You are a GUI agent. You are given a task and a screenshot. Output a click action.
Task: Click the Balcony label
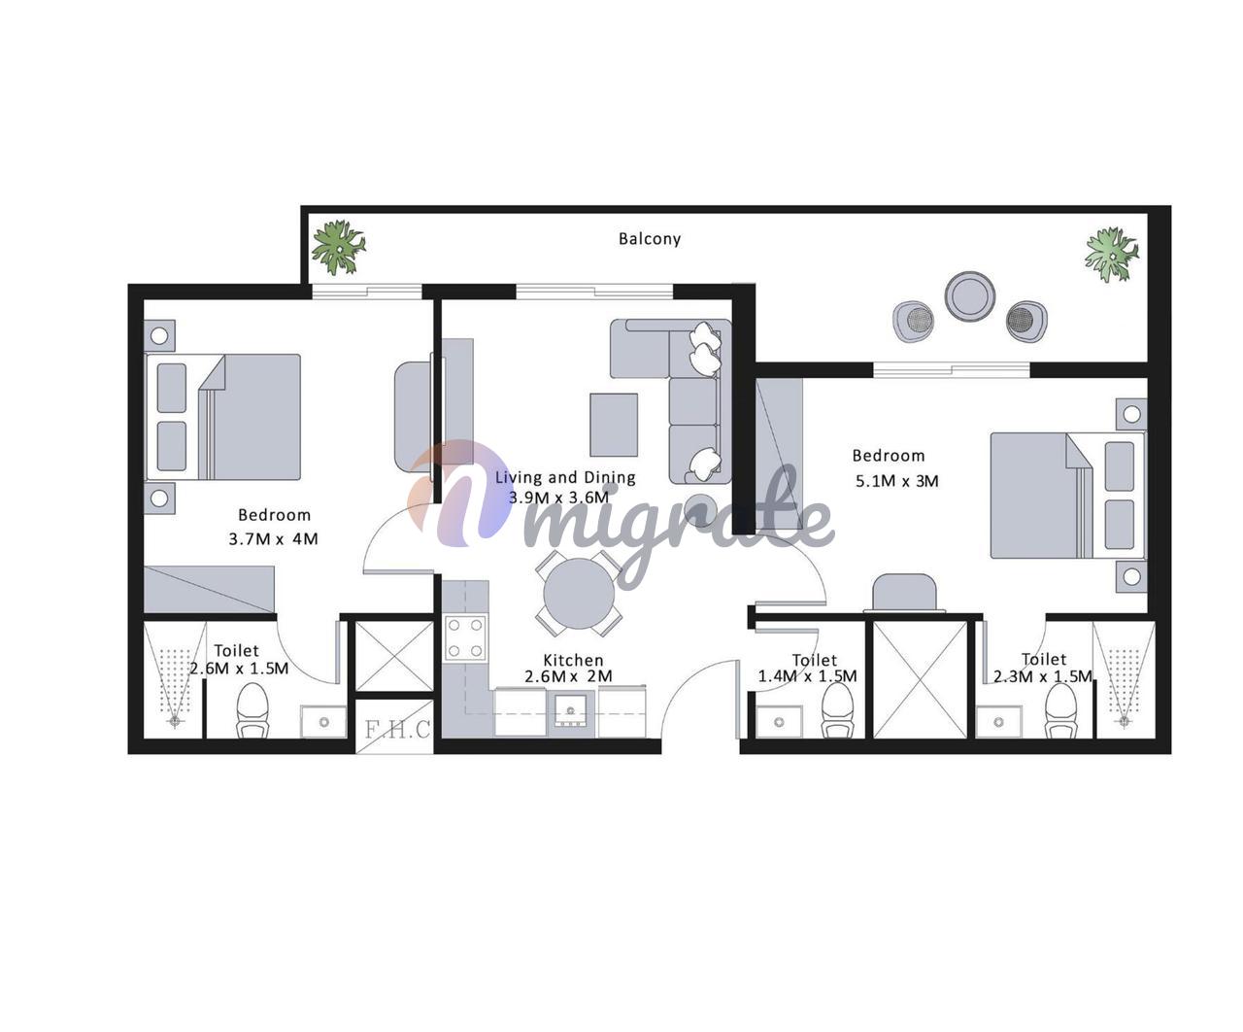click(x=650, y=239)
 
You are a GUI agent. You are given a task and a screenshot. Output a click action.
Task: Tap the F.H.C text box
click(x=397, y=730)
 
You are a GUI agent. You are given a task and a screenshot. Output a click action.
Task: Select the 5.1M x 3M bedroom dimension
click(x=896, y=481)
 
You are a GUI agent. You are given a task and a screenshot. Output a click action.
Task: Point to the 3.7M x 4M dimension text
click(x=273, y=538)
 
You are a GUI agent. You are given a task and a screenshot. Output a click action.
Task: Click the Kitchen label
click(x=573, y=660)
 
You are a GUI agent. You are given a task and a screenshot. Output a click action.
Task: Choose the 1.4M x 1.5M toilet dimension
click(x=807, y=676)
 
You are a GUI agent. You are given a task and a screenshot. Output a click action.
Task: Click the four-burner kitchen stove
click(x=465, y=638)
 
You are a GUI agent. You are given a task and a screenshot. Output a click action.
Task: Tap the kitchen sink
click(x=571, y=709)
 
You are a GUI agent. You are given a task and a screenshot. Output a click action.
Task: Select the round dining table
click(x=579, y=593)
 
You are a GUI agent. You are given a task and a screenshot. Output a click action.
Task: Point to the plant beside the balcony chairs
click(x=1112, y=255)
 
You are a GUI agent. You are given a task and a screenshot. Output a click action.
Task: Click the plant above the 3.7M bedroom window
click(x=339, y=247)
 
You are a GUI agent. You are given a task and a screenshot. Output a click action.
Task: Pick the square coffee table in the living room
click(x=614, y=425)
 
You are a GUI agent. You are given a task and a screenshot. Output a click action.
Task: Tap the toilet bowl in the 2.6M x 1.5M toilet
click(x=252, y=710)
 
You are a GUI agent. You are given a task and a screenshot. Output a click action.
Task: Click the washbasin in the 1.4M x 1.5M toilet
click(x=779, y=722)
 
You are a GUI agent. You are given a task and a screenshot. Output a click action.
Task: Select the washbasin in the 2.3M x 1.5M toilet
click(x=999, y=722)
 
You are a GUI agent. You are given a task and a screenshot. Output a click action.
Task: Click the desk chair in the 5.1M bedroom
click(x=904, y=592)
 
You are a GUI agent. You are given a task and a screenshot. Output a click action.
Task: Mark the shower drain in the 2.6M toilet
click(x=175, y=722)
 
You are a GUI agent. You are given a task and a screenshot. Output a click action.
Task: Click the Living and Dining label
click(x=565, y=477)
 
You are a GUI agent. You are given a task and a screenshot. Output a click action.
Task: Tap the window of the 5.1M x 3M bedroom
click(x=952, y=369)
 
